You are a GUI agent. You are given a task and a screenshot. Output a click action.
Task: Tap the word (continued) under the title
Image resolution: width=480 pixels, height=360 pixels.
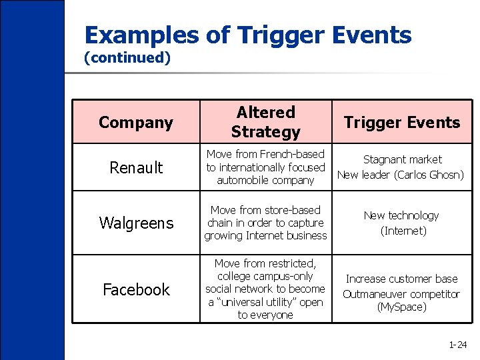[127, 58]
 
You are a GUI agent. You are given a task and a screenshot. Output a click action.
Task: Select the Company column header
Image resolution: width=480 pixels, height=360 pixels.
[136, 123]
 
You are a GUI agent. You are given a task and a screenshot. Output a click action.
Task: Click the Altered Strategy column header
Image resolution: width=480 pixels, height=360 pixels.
[265, 122]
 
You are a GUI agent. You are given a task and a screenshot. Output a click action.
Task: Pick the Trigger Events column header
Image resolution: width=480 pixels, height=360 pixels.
[401, 123]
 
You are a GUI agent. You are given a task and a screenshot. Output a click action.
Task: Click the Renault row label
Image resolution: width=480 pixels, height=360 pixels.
[136, 167]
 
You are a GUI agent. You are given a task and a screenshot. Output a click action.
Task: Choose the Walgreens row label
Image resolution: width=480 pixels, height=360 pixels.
[136, 223]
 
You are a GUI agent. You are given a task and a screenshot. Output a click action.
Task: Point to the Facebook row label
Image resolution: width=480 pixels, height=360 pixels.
[136, 289]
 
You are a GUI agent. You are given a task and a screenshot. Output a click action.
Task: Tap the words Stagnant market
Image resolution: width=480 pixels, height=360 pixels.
[401, 160]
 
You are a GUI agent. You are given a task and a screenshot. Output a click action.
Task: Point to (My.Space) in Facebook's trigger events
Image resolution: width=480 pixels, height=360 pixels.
[401, 307]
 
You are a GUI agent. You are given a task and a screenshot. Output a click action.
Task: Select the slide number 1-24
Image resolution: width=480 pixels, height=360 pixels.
[457, 345]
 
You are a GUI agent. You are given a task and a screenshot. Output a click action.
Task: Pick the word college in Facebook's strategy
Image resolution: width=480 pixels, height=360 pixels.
[237, 276]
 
